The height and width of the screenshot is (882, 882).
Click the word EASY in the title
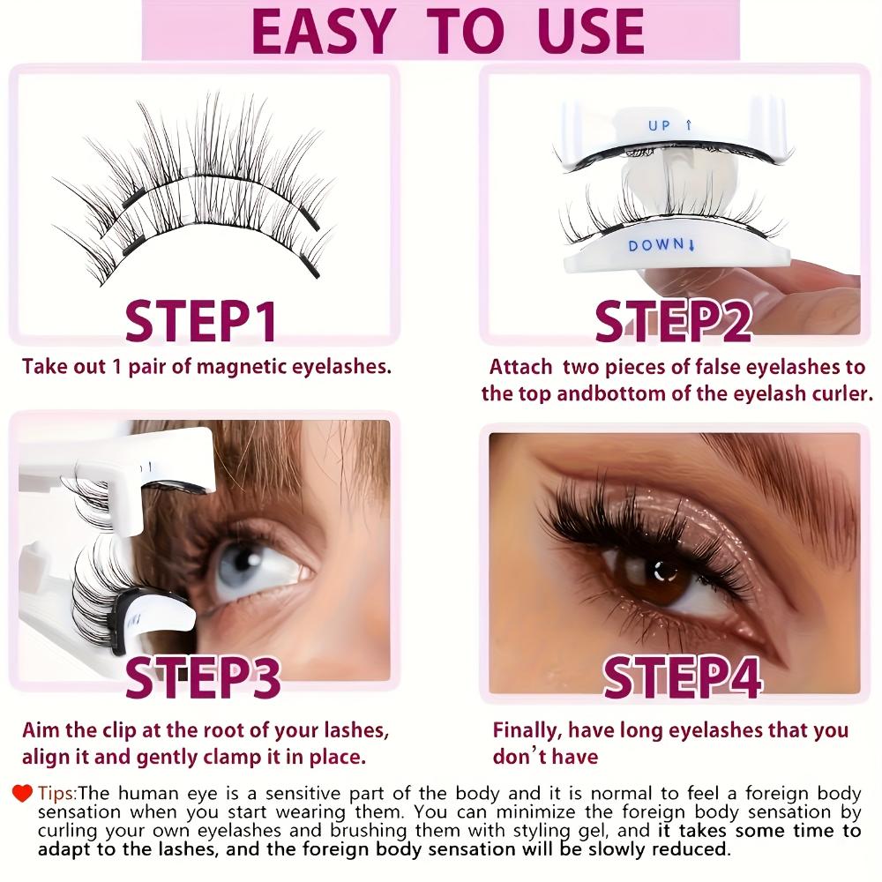click(x=321, y=32)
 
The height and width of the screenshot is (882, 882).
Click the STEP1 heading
click(x=202, y=321)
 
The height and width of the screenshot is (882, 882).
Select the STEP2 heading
click(x=673, y=321)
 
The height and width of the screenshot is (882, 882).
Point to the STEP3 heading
click(x=203, y=678)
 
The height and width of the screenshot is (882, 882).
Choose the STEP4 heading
click(x=682, y=678)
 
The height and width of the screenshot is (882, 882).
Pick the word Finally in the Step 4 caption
click(x=526, y=730)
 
